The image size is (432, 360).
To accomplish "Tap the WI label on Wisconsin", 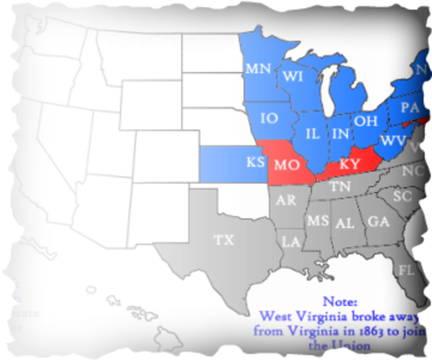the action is pos(291,76).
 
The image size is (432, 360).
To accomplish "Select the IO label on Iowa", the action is pos(269,118).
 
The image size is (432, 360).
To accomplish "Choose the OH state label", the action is pos(365,120).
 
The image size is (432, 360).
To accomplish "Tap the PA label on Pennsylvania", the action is pos(409,106).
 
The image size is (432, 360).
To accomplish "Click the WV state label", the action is pos(394,139).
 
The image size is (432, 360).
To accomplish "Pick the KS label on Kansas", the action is pos(255,162).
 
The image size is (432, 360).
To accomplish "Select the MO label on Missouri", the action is pos(286,163).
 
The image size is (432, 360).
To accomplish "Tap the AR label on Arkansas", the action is pos(285,200).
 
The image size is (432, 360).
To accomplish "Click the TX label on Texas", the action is pos(223,240).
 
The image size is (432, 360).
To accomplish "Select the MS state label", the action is pos(316,220).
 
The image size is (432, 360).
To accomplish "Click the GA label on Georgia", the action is pos(378,221).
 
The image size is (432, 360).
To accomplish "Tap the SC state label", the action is pos(403,196).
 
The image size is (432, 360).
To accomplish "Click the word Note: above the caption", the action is pos(340,301).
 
